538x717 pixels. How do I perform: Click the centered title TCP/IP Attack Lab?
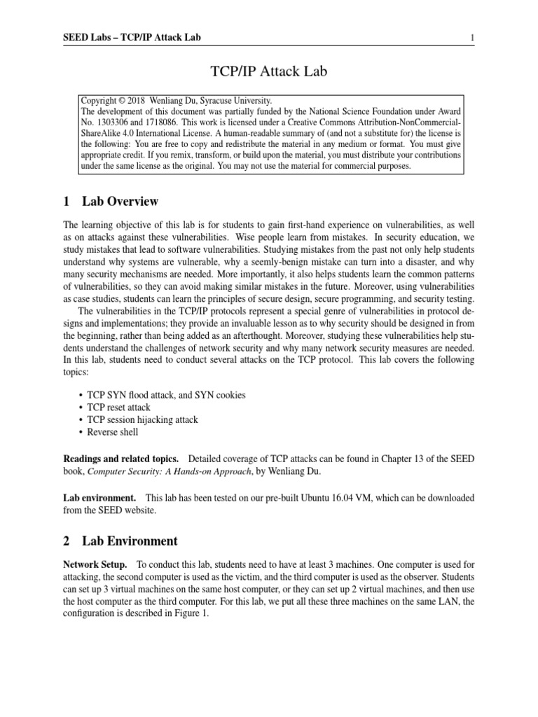[x=269, y=72]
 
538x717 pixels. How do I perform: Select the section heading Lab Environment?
[x=130, y=541]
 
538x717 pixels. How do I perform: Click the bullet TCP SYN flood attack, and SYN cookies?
[x=166, y=395]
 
